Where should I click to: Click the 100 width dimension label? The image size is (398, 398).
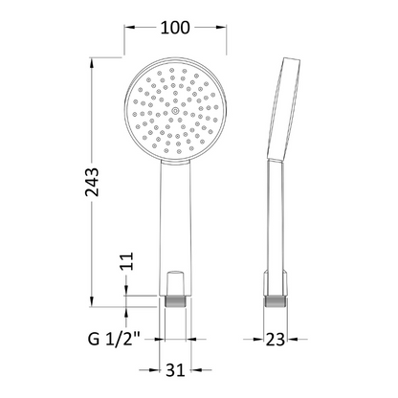[x=175, y=28]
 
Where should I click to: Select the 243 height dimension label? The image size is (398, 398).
[x=93, y=182]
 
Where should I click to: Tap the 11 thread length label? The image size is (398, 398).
[x=127, y=261]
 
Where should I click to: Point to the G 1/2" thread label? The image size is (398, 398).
[x=114, y=339]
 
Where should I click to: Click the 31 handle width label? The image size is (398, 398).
[x=175, y=370]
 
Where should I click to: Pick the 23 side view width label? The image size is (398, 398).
[x=276, y=340]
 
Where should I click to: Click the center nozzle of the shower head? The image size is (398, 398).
[x=175, y=111]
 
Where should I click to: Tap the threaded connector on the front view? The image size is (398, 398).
[x=175, y=301]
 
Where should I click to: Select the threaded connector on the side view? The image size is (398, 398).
[x=275, y=301]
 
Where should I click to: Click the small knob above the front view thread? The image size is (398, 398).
[x=175, y=283]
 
